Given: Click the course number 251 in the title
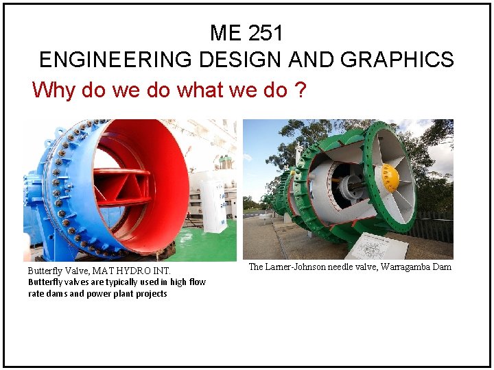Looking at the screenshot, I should coord(266,33).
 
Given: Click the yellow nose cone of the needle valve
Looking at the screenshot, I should coord(389,178).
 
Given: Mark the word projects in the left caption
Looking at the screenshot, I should coord(151,293).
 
